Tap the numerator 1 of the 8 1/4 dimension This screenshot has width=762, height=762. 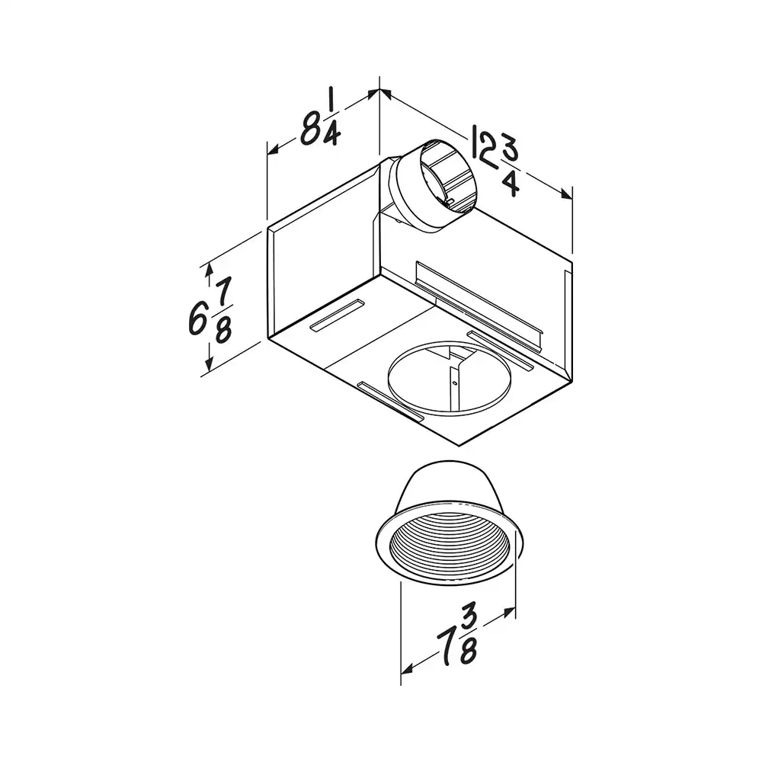click(331, 101)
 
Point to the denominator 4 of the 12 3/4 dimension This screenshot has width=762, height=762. click(511, 184)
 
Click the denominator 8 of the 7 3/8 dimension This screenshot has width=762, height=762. click(468, 649)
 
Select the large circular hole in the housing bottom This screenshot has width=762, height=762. click(450, 378)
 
